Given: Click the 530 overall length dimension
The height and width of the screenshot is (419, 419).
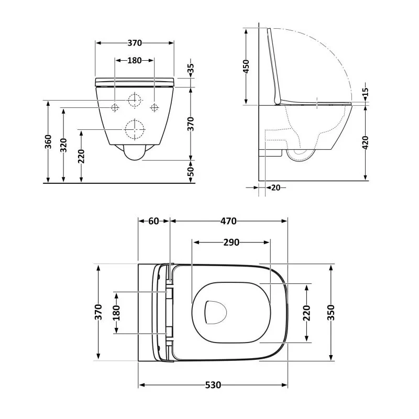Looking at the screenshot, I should click(212, 385).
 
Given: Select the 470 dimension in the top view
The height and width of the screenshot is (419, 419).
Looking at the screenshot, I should click(229, 221).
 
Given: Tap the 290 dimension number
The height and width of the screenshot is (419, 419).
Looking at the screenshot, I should click(231, 242).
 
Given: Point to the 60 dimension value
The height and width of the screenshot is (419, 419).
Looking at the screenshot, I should click(153, 221).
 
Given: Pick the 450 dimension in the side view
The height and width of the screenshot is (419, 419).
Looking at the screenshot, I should click(246, 67).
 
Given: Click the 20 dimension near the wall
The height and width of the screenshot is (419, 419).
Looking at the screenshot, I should click(275, 188).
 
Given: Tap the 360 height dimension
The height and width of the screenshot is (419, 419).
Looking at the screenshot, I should click(48, 142).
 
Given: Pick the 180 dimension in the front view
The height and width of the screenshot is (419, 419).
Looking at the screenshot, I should click(134, 60).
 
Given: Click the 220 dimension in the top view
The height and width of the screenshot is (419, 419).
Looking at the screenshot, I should click(307, 313).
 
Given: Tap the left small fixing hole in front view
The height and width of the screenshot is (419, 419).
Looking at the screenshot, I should click(115, 107).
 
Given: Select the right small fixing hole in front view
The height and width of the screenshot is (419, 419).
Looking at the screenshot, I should click(154, 107).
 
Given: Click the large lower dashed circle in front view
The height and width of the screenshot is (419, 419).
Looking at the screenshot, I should click(134, 129).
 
